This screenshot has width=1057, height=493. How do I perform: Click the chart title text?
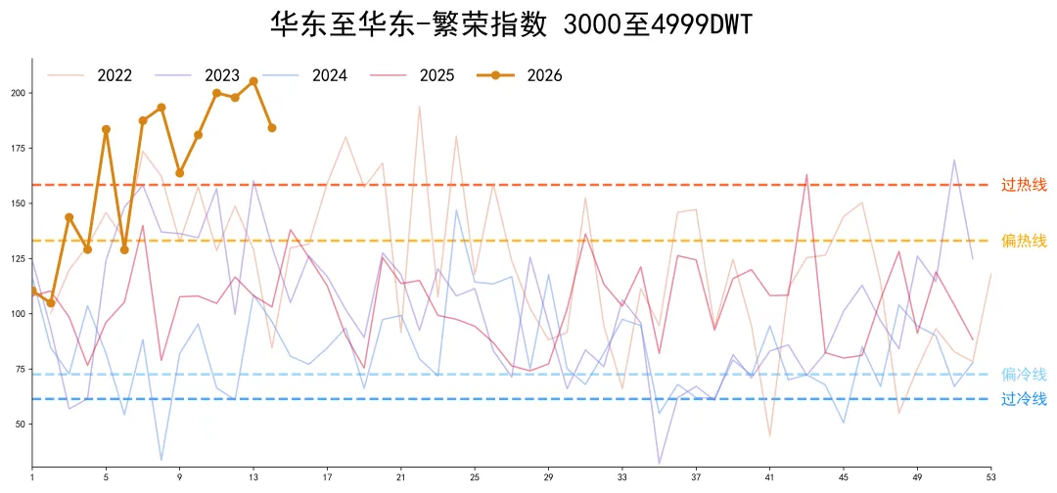(511, 24)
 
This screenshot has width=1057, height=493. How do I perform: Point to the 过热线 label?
(1024, 185)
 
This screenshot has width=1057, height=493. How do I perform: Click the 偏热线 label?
(1024, 241)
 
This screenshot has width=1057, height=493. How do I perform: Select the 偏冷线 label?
(1024, 375)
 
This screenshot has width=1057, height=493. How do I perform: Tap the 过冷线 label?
(1024, 399)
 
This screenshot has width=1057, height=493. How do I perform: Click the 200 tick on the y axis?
(18, 93)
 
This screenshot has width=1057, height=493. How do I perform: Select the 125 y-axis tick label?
(18, 258)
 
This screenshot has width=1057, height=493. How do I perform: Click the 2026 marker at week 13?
(253, 81)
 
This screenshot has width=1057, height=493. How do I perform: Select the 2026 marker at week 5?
(106, 129)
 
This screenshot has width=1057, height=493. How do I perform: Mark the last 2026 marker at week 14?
(272, 128)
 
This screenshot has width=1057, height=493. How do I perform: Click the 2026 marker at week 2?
(51, 303)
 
